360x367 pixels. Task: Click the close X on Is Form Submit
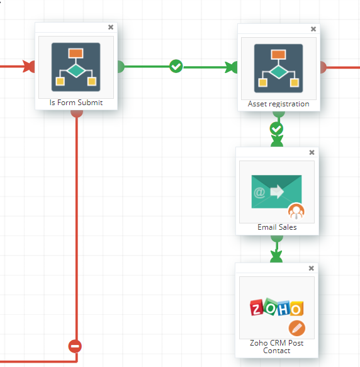click(x=111, y=27)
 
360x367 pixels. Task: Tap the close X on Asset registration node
click(x=313, y=29)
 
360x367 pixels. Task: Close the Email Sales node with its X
click(x=312, y=152)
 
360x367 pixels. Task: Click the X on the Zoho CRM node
click(x=312, y=268)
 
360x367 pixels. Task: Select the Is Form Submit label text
click(x=76, y=103)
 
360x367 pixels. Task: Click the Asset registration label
click(x=279, y=104)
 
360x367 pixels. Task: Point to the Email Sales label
click(x=277, y=227)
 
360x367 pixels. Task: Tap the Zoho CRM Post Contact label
click(x=277, y=347)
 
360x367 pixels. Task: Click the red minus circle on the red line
click(x=75, y=346)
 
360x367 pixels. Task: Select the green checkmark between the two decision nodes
click(x=176, y=66)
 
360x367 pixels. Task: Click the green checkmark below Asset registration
click(x=276, y=128)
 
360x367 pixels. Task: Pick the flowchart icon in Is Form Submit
click(x=76, y=67)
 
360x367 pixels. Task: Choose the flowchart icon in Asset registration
click(x=279, y=69)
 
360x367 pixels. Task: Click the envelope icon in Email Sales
click(x=276, y=191)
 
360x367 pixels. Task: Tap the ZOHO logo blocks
click(x=277, y=307)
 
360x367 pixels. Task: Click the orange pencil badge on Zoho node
click(x=297, y=328)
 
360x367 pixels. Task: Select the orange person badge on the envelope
click(x=296, y=212)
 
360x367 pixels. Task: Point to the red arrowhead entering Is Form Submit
click(x=28, y=67)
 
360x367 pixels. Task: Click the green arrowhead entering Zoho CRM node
click(x=276, y=257)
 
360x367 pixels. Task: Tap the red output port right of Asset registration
click(x=323, y=67)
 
